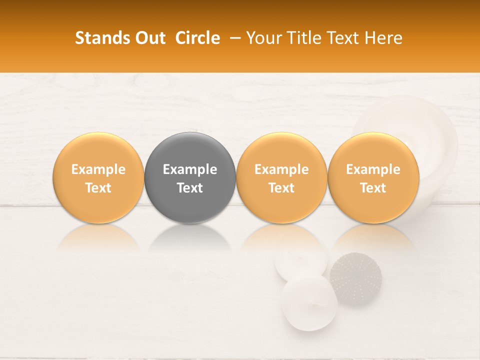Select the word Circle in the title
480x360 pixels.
click(x=197, y=38)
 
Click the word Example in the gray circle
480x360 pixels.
click(x=190, y=169)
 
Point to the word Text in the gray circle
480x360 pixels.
click(x=190, y=188)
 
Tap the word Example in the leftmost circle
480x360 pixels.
click(x=98, y=169)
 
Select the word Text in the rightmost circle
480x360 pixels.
click(x=373, y=188)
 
